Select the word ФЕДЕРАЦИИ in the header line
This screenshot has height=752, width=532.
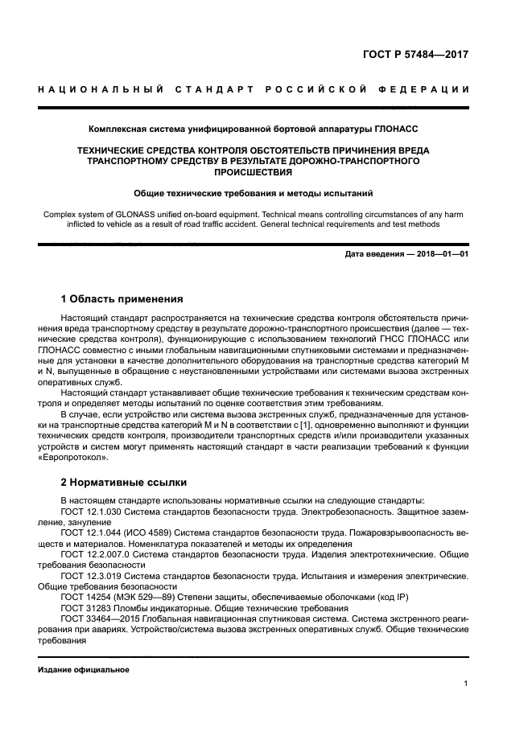[x=427, y=89]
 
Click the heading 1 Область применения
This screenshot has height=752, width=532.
[x=122, y=298]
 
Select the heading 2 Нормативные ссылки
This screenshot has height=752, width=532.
[x=124, y=483]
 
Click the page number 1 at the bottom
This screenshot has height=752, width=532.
[x=466, y=684]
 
